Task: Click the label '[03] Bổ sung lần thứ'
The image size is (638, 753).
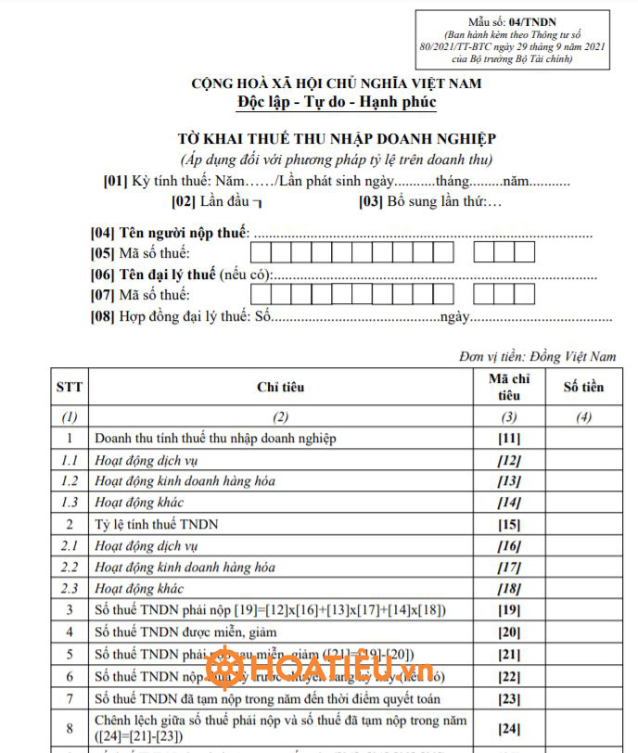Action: click(430, 200)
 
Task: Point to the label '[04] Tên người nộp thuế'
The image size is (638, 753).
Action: click(171, 233)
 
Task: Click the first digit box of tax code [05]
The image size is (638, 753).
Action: click(261, 253)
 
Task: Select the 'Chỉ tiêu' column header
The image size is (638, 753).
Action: click(280, 387)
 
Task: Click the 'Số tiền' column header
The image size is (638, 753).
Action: click(583, 387)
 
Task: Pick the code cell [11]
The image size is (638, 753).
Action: click(508, 439)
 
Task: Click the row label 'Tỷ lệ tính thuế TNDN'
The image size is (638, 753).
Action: click(157, 524)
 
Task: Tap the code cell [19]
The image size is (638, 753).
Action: click(508, 610)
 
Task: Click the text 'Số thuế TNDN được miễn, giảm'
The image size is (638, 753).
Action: click(185, 632)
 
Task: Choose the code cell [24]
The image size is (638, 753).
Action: click(508, 729)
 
